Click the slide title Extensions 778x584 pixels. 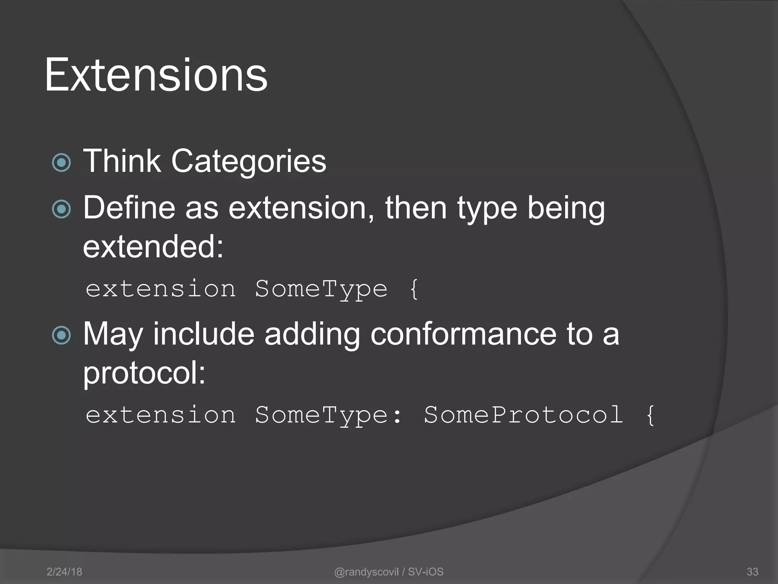click(156, 75)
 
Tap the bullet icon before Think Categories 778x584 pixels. click(61, 163)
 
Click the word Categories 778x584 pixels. click(248, 161)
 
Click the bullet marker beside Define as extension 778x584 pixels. click(61, 209)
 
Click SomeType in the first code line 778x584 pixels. click(321, 289)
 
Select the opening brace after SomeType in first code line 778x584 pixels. click(414, 289)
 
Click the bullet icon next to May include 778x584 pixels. click(61, 335)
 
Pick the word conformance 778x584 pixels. click(463, 334)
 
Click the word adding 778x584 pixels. click(312, 335)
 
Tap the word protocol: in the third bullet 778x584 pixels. click(144, 373)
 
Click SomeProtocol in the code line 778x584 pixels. click(523, 415)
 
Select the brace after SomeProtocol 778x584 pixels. click(650, 415)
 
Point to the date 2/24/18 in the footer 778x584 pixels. click(64, 571)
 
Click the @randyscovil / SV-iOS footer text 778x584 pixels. click(389, 571)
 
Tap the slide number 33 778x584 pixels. click(752, 571)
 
